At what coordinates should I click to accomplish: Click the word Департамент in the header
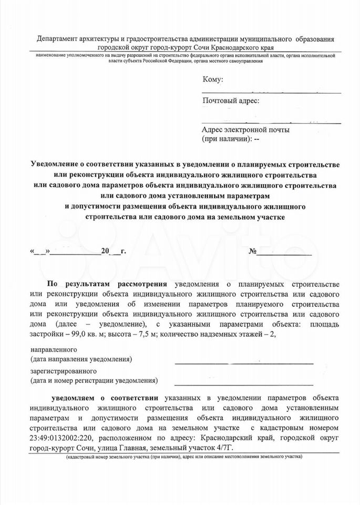point(56,40)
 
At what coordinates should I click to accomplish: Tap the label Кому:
point(212,79)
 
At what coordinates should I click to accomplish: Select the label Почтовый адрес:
point(230,101)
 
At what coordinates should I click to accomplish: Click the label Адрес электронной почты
point(245,130)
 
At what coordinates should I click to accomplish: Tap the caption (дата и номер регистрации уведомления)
point(94,380)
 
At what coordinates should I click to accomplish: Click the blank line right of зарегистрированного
point(244,383)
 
